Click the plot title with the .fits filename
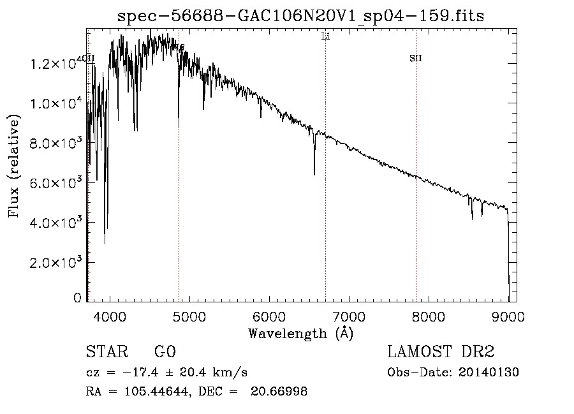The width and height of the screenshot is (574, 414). tap(301, 16)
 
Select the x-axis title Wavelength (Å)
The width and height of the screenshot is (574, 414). tap(300, 333)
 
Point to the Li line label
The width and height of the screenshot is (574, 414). tap(325, 37)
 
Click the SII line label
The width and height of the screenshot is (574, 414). tap(415, 59)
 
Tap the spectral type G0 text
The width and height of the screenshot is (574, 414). tap(165, 352)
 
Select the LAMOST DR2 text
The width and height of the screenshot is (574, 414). tap(441, 352)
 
